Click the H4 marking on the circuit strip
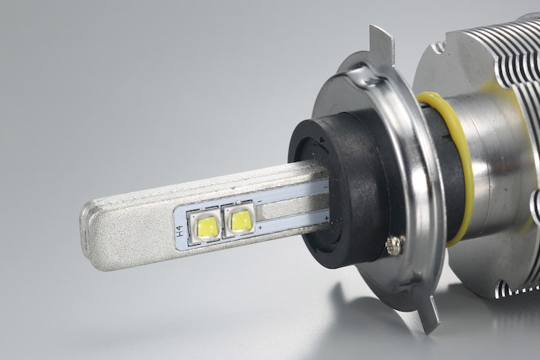tap(179, 230)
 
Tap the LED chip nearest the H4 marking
tap(205, 226)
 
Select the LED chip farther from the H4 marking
tap(240, 220)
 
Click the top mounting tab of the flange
tap(381, 44)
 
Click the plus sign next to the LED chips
tap(260, 227)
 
